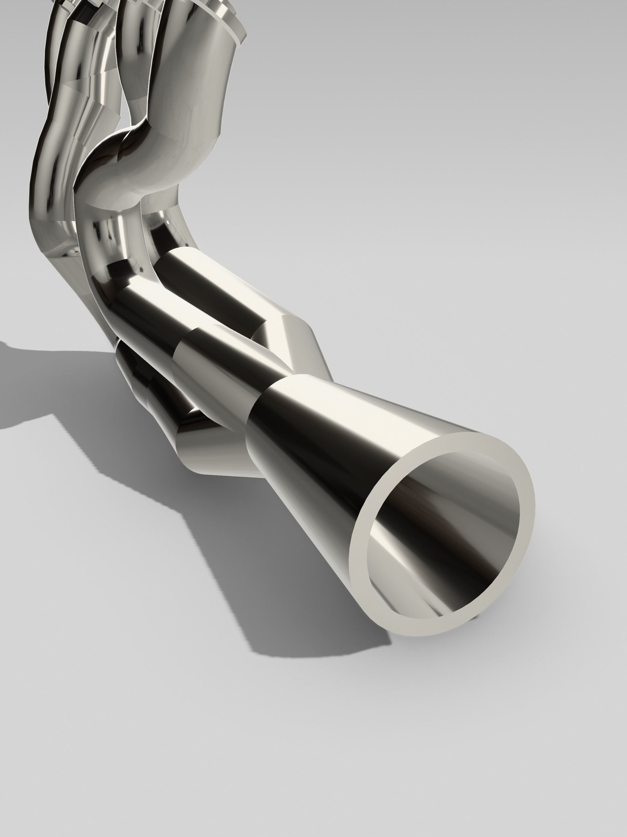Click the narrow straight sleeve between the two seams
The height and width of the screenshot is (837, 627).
coord(223,363)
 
